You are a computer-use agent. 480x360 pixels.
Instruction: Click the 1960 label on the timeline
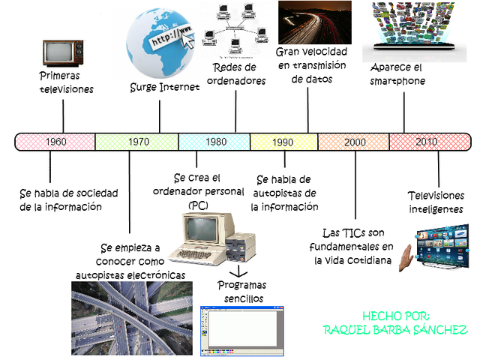coord(55,142)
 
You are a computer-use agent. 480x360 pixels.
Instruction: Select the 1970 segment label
coord(138,142)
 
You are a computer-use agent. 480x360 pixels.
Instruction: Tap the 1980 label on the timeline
coord(216,142)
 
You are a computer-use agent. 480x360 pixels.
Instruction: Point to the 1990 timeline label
coord(283,142)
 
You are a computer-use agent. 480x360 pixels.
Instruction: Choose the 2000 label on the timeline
coord(355,142)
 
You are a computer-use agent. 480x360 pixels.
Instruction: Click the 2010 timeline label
coord(426,142)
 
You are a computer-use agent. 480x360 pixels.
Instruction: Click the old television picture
coord(58,53)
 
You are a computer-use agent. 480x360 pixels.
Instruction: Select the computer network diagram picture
coord(238,29)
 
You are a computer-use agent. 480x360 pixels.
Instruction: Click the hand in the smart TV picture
coord(406,254)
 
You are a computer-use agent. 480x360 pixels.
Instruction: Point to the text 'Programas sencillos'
coord(241,292)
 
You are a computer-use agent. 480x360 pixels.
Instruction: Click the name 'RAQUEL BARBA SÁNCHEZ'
coord(395,330)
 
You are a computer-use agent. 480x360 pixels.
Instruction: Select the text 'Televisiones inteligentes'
coord(436,202)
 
